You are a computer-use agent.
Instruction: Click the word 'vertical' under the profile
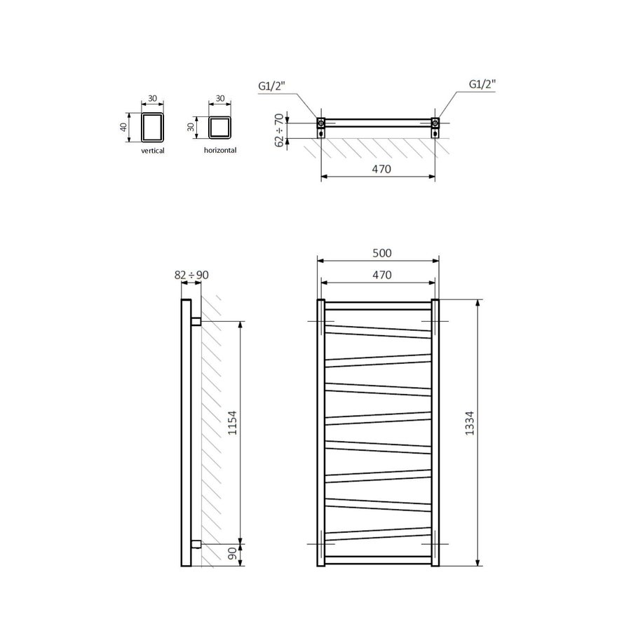(153, 151)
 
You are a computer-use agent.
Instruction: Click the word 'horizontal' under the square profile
(219, 150)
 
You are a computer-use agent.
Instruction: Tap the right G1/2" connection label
(482, 83)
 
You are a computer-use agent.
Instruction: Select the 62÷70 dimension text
(280, 129)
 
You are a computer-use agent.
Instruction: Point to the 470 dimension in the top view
(379, 169)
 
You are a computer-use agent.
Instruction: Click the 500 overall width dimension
(379, 253)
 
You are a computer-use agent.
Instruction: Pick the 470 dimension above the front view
(379, 275)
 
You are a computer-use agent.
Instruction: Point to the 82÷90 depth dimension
(191, 275)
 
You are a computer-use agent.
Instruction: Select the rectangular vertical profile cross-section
(152, 127)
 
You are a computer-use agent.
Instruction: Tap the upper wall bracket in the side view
(196, 321)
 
